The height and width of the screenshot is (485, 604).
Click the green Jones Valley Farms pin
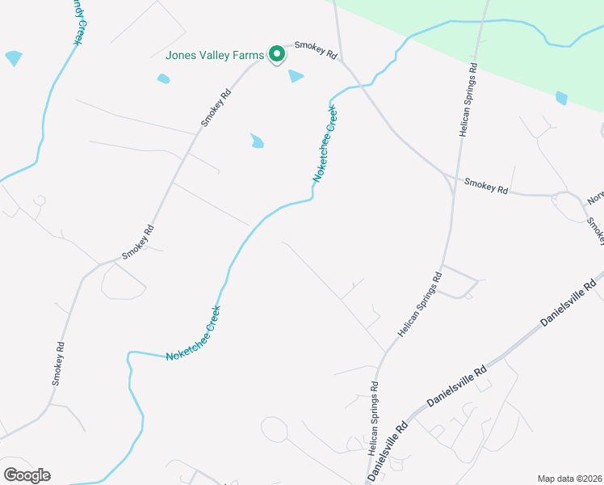pos(277,54)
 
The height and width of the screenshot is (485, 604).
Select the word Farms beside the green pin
pos(247,56)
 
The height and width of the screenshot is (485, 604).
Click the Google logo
pos(27,475)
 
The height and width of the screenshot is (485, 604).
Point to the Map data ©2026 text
pos(570,478)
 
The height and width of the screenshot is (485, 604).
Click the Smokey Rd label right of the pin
pos(315,49)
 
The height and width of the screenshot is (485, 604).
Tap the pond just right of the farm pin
pos(296,76)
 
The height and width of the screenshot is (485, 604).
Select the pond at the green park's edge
pos(561,98)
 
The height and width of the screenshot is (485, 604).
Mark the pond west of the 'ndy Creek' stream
pos(14,58)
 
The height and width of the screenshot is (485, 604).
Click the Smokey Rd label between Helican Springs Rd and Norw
pos(486,185)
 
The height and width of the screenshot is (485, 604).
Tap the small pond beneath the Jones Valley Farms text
pos(164,78)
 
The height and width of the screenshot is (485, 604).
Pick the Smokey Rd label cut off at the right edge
pos(596,231)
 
